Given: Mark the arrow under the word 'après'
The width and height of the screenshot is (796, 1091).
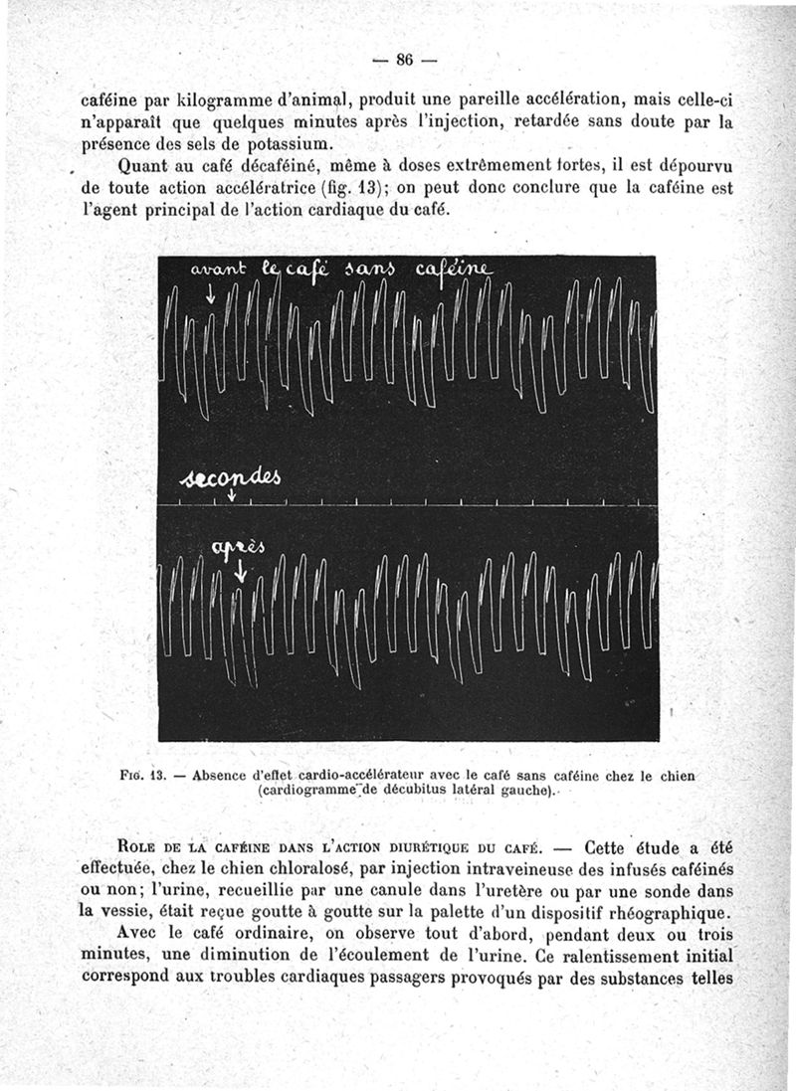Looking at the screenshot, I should (x=240, y=572).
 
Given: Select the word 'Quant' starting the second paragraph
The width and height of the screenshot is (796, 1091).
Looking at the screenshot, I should (x=145, y=166).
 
